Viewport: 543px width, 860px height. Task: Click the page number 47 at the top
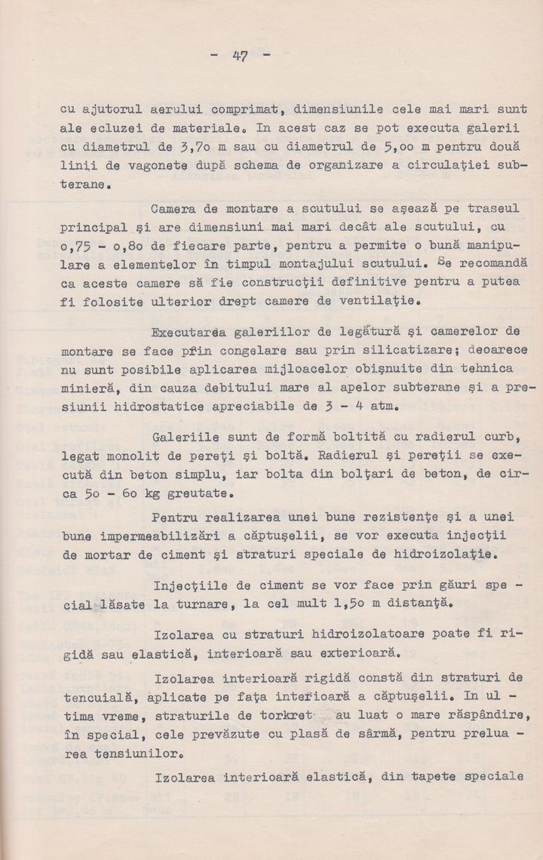(x=241, y=55)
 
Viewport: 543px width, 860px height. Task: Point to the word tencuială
(x=94, y=693)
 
